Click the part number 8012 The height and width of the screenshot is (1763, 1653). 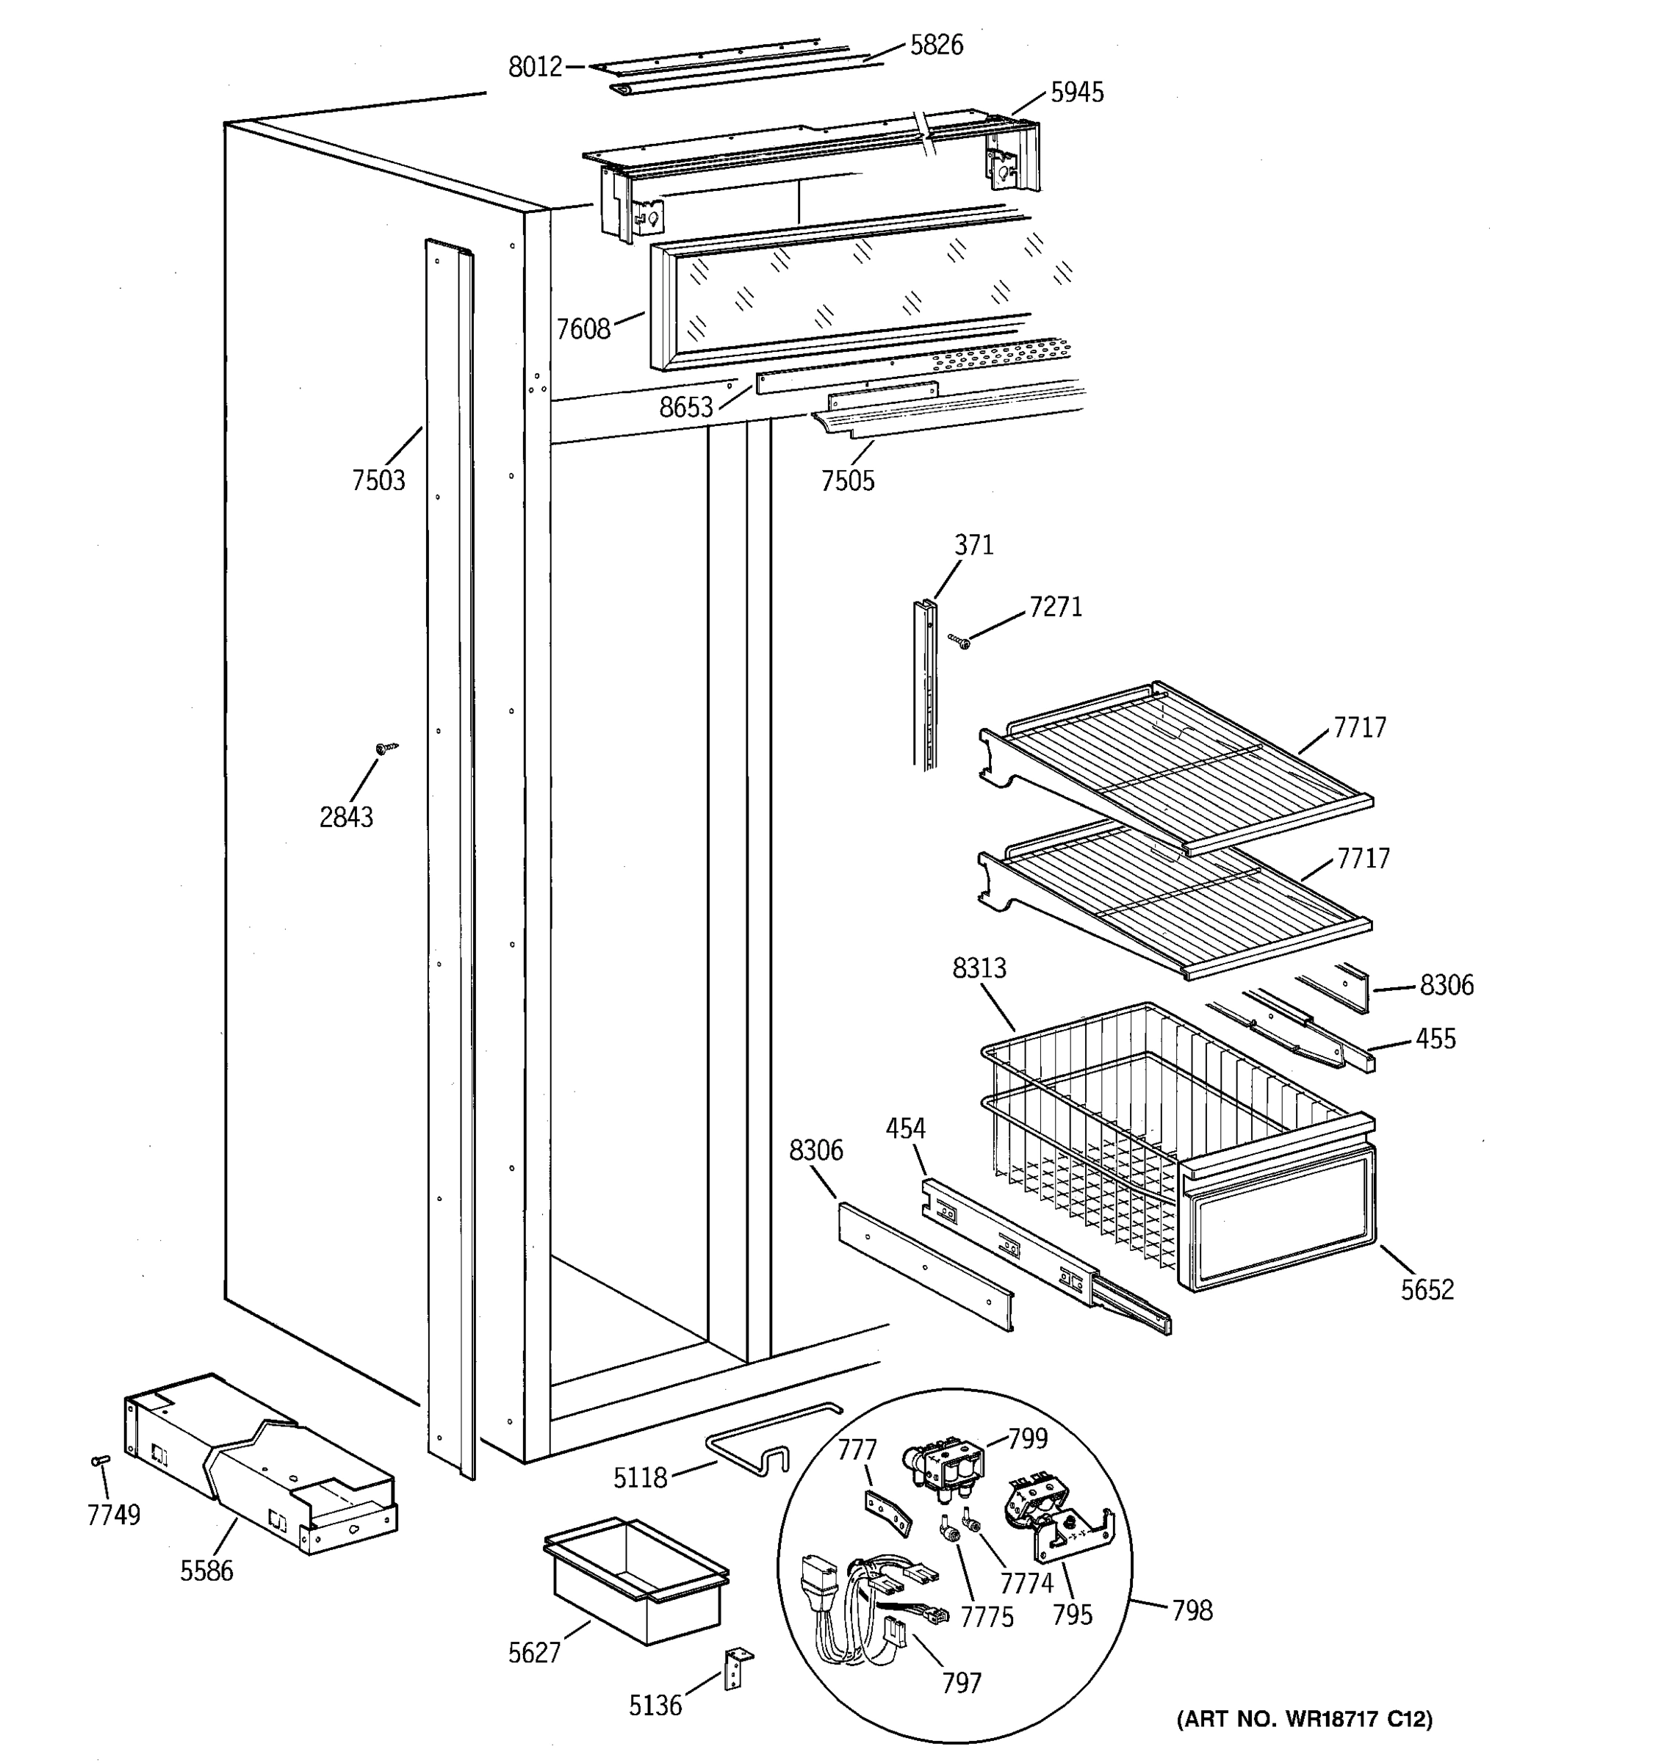point(535,67)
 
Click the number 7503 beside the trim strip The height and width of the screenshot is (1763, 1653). point(378,480)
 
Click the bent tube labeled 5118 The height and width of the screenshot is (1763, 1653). point(763,1441)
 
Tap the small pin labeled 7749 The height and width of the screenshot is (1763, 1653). point(100,1460)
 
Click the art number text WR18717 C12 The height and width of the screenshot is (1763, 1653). point(1303,1720)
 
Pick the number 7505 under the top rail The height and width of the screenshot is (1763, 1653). point(847,480)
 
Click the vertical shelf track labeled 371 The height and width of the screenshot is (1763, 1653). point(925,683)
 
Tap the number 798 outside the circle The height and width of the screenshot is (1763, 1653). point(1191,1609)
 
